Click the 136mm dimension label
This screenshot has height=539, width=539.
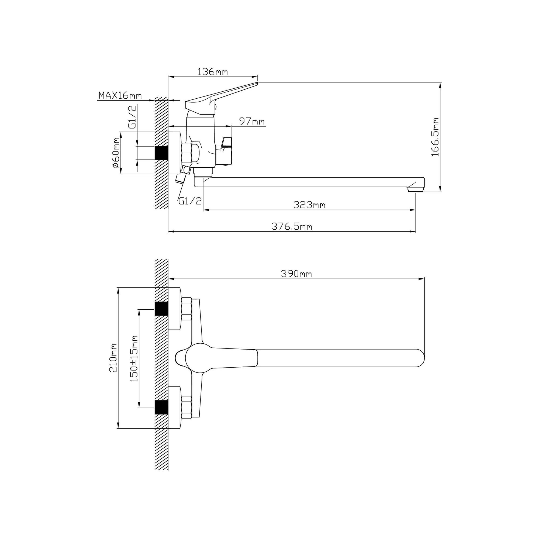[213, 72]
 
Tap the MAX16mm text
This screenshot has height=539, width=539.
[120, 95]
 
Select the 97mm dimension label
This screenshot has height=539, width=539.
[252, 121]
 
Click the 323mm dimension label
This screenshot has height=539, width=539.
[309, 205]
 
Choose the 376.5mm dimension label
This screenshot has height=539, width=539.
[292, 226]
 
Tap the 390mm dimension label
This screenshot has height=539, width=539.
[296, 274]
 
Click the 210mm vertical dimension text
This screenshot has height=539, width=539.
[113, 358]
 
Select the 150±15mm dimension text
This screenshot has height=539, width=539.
[134, 358]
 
